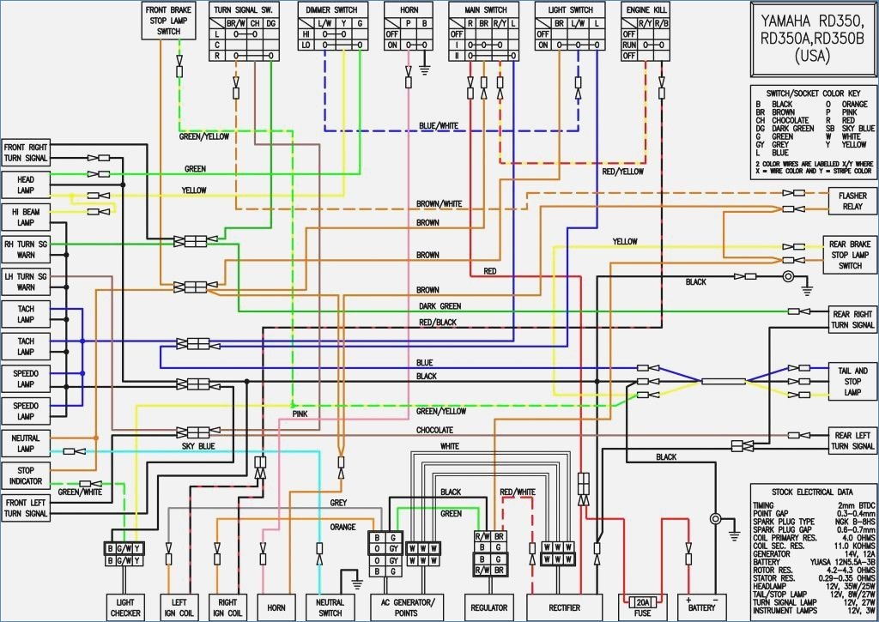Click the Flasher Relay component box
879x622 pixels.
[852, 202]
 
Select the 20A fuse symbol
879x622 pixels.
[641, 601]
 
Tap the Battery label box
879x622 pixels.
[701, 607]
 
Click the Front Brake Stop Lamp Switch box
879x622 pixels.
[168, 20]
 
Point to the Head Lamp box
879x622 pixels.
[26, 184]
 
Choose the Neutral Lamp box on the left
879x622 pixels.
[26, 443]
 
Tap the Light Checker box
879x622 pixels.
[125, 607]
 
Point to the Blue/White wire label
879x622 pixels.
[439, 126]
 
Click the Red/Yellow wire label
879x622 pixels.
[622, 172]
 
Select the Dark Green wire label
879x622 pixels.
[439, 306]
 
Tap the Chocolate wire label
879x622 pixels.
[434, 430]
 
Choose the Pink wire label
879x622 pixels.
[300, 414]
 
